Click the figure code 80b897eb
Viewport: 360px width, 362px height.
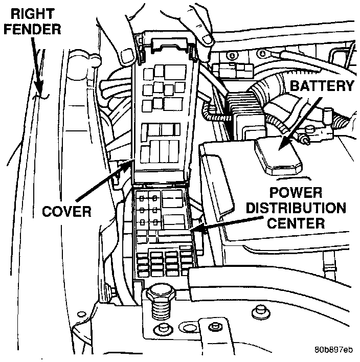click(x=333, y=351)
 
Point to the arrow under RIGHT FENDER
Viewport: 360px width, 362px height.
click(x=37, y=69)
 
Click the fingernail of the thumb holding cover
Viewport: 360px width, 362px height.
click(x=207, y=39)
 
